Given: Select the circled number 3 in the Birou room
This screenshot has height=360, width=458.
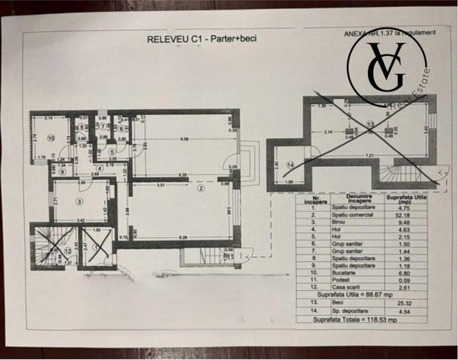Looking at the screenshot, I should (x=79, y=201).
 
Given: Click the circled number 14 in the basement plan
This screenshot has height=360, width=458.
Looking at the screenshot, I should (x=291, y=164).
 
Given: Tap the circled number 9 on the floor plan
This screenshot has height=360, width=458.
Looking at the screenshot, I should (x=62, y=171).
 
